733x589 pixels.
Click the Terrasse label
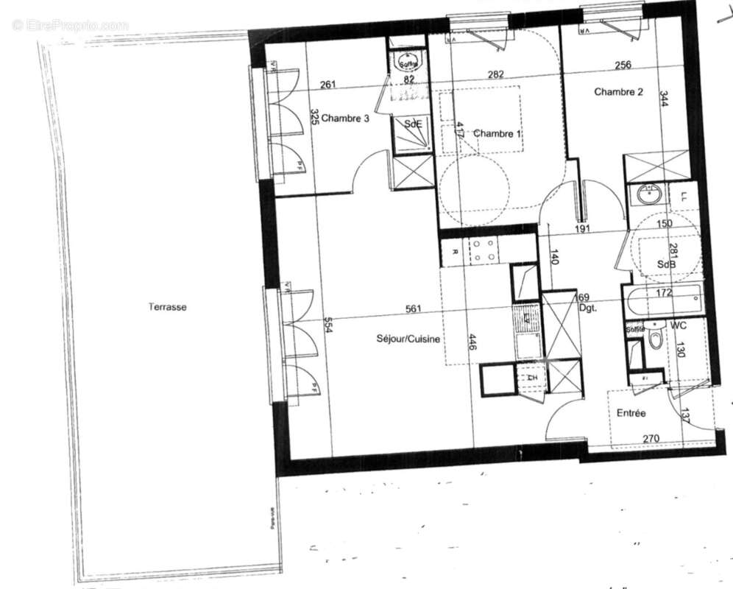(167, 307)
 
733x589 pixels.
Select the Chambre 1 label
(497, 133)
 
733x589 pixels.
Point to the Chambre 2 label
(619, 92)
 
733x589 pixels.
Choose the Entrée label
(631, 413)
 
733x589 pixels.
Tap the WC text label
(679, 325)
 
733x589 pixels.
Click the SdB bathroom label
(668, 265)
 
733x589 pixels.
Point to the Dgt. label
(587, 308)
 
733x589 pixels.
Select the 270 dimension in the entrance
(650, 440)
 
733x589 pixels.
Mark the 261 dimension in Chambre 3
(328, 85)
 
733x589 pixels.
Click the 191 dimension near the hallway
(583, 228)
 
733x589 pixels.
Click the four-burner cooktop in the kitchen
(483, 250)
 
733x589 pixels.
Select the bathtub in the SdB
(660, 301)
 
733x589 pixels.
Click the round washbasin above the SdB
(648, 194)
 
